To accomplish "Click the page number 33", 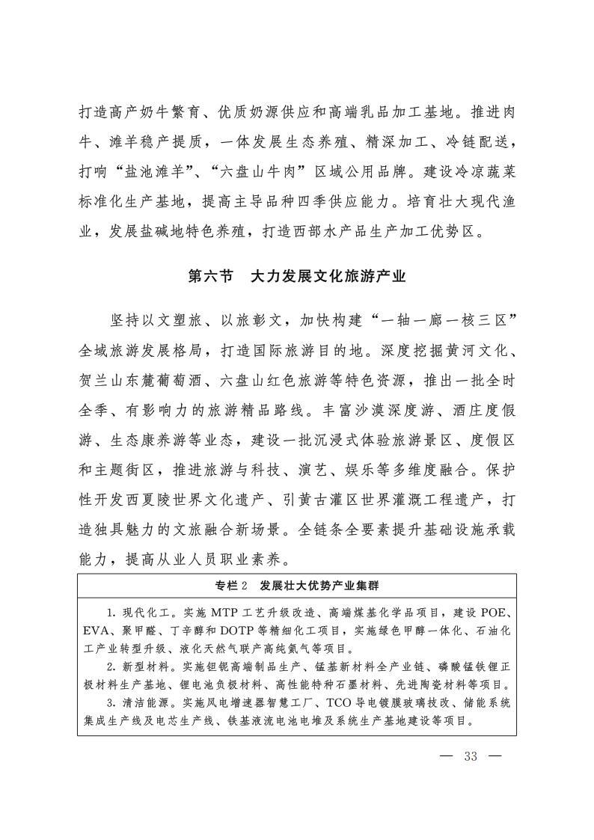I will coord(470,755).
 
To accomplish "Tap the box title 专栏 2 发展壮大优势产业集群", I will coord(296,584).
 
